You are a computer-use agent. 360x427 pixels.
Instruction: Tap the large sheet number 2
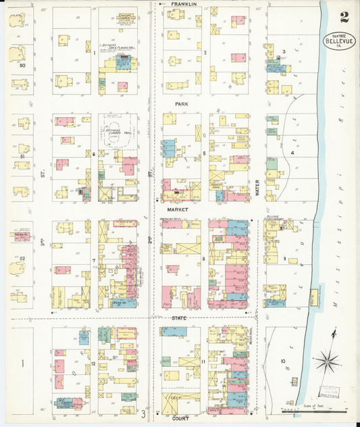344,17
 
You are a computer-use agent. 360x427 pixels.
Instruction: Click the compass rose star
328,361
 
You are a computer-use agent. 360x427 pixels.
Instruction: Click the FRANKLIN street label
183,4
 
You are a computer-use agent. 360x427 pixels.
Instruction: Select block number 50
22,66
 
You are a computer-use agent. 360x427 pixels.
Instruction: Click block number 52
22,259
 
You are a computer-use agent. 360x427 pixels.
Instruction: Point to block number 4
292,153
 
